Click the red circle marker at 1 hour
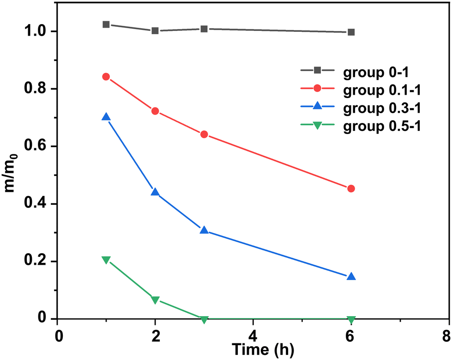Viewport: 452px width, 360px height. pyautogui.click(x=106, y=77)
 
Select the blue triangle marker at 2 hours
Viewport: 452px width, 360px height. pyautogui.click(x=155, y=192)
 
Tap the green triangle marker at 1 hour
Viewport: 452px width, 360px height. pyautogui.click(x=106, y=260)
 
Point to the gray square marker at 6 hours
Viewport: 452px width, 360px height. pyautogui.click(x=351, y=32)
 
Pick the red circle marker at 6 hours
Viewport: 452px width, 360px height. pyautogui.click(x=351, y=189)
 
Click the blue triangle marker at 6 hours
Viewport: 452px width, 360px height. pyautogui.click(x=351, y=276)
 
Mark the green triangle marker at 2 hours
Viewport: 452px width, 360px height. pyautogui.click(x=155, y=300)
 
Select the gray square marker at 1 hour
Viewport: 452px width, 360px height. pyautogui.click(x=106, y=24)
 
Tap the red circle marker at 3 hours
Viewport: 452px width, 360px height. pyautogui.click(x=204, y=134)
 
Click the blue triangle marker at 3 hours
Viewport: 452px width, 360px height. pyautogui.click(x=204, y=230)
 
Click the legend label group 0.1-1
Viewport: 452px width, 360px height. pyautogui.click(x=381, y=89)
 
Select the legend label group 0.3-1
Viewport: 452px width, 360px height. pyautogui.click(x=381, y=108)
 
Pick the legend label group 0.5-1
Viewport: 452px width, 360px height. pyautogui.click(x=381, y=126)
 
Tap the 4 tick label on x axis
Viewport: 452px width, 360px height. pyautogui.click(x=253, y=334)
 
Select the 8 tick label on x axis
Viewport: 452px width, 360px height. pyautogui.click(x=446, y=334)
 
